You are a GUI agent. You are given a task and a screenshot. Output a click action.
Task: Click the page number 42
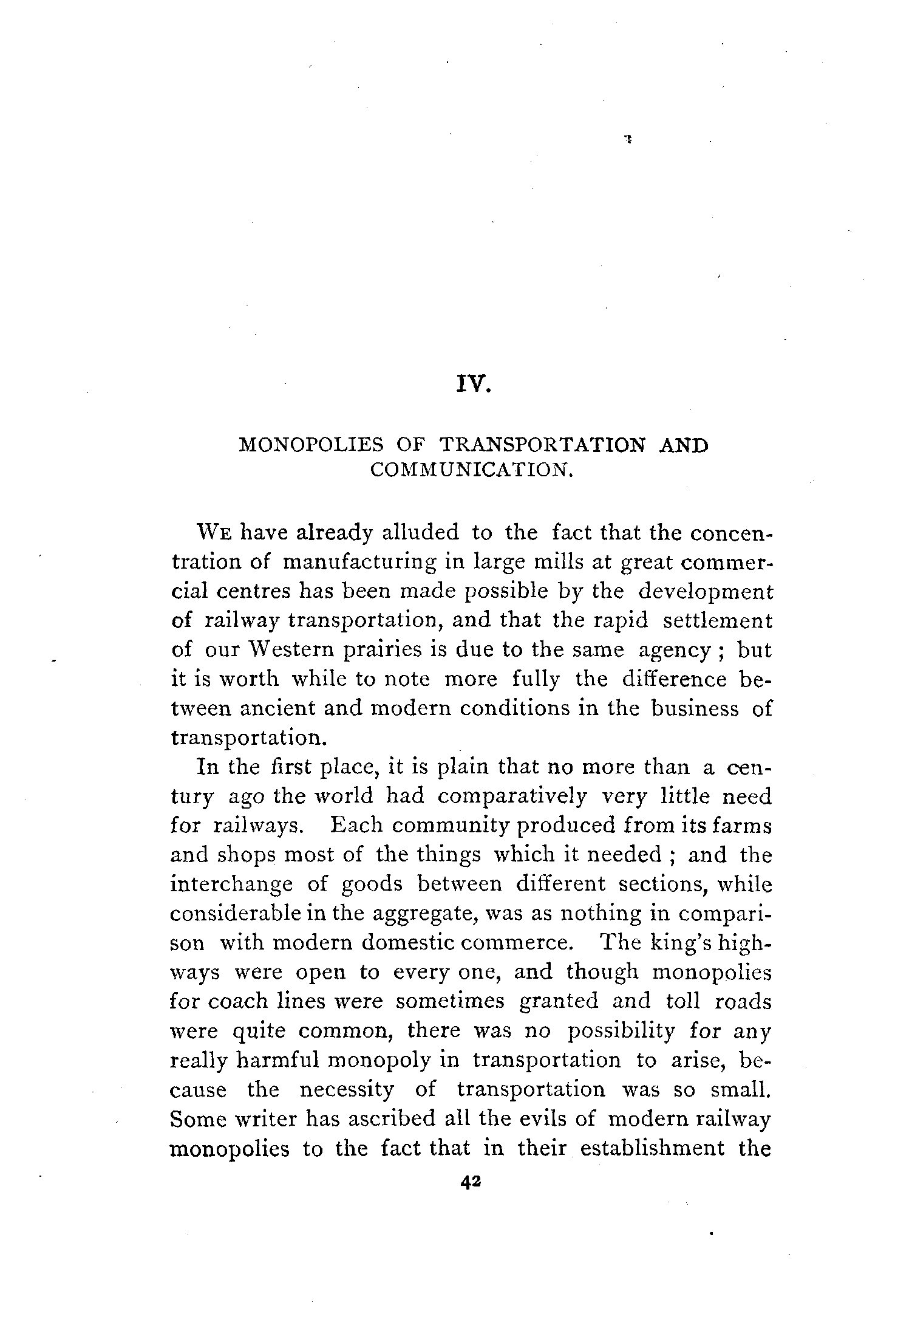click(471, 1181)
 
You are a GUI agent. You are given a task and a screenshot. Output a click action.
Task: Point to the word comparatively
click(512, 796)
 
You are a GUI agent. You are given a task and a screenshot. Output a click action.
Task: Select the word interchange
click(231, 885)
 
